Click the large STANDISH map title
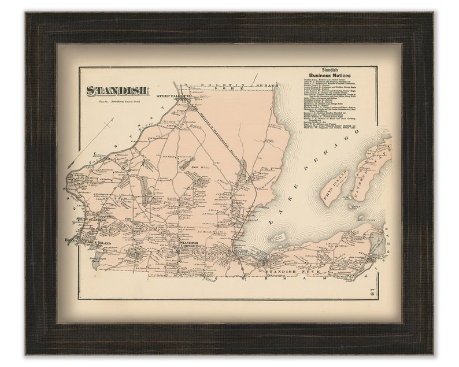[118, 91]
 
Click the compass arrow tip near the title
[113, 119]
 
